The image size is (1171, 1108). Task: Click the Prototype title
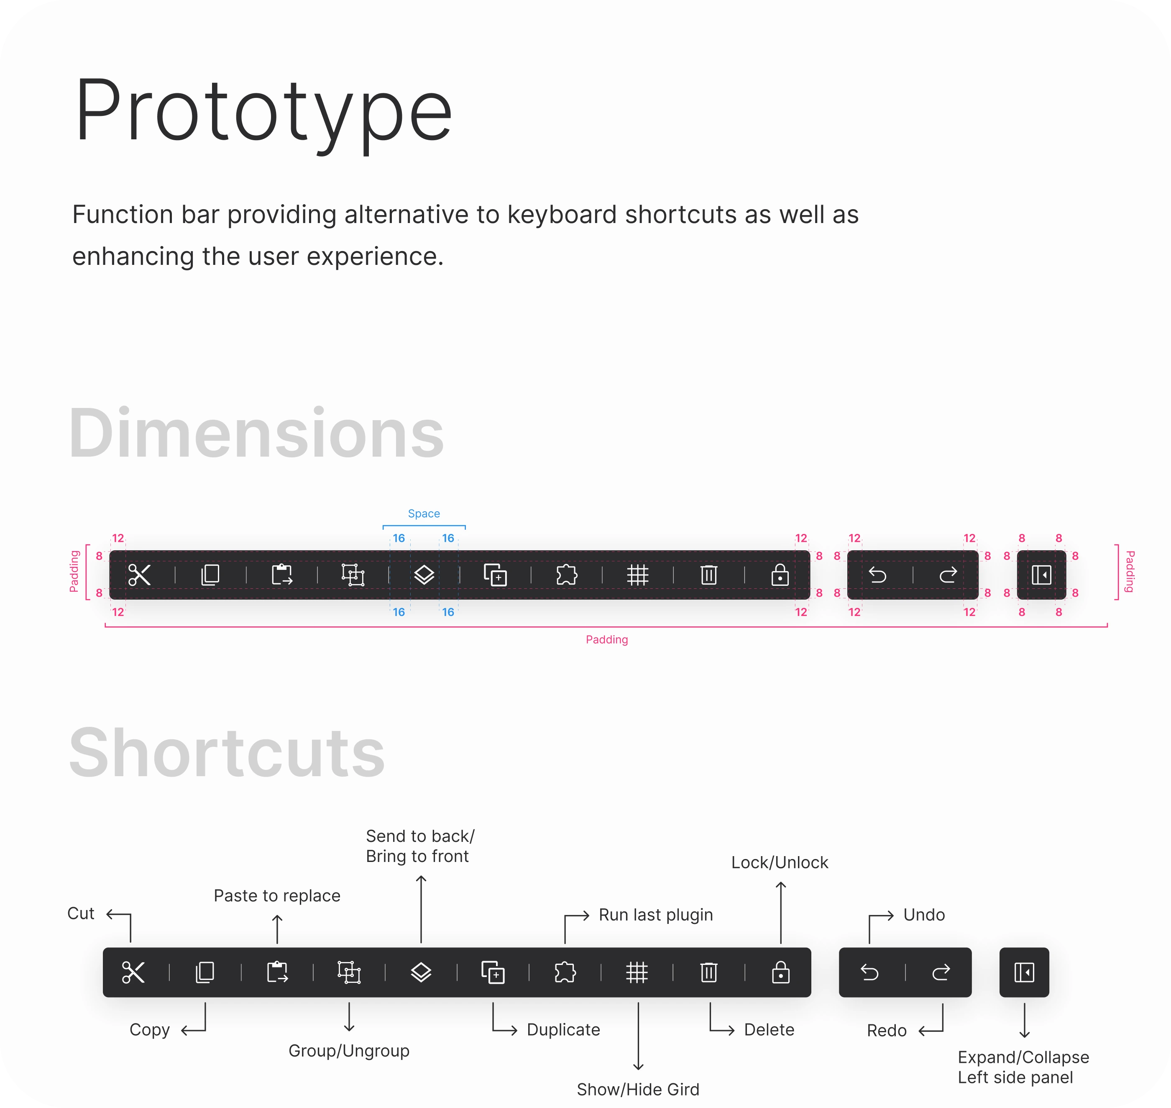(x=263, y=111)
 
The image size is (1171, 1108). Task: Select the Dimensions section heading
(x=256, y=433)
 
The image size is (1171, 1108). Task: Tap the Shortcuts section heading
(x=227, y=753)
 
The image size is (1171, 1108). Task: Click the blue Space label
(x=424, y=513)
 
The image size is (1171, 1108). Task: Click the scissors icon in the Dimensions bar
(x=139, y=575)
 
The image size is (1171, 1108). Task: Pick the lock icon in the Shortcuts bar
(x=780, y=972)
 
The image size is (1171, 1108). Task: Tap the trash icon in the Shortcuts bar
(x=708, y=972)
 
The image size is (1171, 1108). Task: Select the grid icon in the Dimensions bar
(x=637, y=575)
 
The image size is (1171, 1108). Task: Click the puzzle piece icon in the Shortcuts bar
(x=565, y=972)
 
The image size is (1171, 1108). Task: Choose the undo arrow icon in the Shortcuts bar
(x=869, y=972)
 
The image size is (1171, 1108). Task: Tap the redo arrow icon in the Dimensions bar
(x=948, y=575)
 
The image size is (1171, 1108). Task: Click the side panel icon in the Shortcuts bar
(x=1024, y=972)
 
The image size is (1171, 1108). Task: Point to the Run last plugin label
(x=656, y=915)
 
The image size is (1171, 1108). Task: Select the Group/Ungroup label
(x=349, y=1051)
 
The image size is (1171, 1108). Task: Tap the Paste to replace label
(x=277, y=895)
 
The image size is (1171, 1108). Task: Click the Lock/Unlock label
(x=780, y=862)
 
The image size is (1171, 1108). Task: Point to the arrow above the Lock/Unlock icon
(x=780, y=913)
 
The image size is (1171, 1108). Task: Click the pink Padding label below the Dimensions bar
(x=607, y=640)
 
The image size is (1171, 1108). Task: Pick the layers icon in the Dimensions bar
(x=424, y=575)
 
